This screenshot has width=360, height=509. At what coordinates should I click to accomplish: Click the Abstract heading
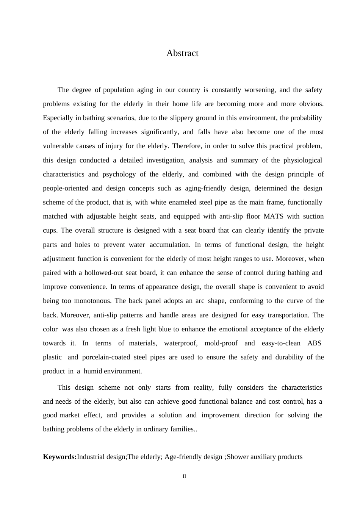[x=182, y=53]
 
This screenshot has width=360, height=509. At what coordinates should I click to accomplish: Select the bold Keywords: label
[x=60, y=457]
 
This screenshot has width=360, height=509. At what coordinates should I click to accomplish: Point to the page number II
[x=185, y=476]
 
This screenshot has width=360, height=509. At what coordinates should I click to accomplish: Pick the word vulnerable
[x=59, y=146]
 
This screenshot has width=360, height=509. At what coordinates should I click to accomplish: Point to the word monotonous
[x=92, y=301]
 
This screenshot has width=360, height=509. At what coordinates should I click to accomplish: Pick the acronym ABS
[x=314, y=343]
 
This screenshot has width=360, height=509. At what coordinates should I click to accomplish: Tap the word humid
[x=93, y=372]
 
